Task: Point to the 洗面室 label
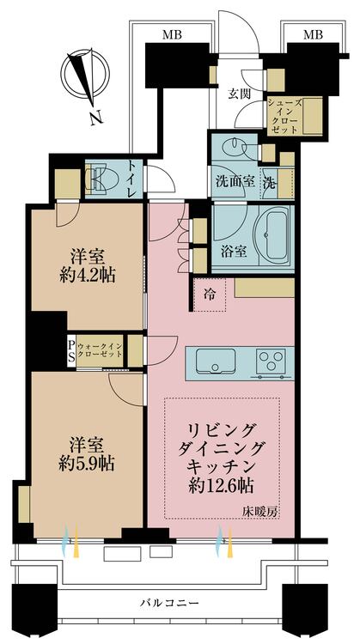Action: (233, 182)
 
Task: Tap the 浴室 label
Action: (234, 252)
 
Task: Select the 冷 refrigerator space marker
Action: (211, 294)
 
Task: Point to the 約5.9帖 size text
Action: (87, 464)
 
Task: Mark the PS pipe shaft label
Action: (71, 350)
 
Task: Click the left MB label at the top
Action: (172, 34)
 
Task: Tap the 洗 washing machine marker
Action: (269, 182)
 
